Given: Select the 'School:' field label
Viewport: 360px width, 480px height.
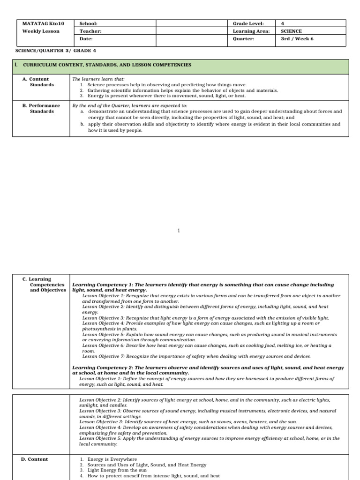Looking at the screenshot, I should [88, 23].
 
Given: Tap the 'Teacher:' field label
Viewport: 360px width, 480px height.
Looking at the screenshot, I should [90, 31].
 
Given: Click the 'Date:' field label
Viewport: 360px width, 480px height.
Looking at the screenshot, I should [86, 39].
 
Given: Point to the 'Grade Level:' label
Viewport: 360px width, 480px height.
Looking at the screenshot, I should [248, 23].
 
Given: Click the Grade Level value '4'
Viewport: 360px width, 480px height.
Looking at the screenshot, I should [282, 23].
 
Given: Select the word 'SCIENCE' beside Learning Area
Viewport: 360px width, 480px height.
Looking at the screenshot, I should [291, 31].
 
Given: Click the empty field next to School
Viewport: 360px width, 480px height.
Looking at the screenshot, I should [193, 23].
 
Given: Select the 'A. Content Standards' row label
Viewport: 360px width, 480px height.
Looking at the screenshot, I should [38, 82].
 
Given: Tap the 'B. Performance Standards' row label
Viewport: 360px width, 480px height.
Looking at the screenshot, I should [41, 108].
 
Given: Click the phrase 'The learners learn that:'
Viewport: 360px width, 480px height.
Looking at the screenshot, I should [96, 79].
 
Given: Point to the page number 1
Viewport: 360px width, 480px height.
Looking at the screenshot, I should [179, 231].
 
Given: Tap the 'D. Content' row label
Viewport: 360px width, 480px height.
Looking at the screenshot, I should [35, 459].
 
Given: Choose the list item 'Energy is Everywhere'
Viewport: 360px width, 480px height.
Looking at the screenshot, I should [111, 459].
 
